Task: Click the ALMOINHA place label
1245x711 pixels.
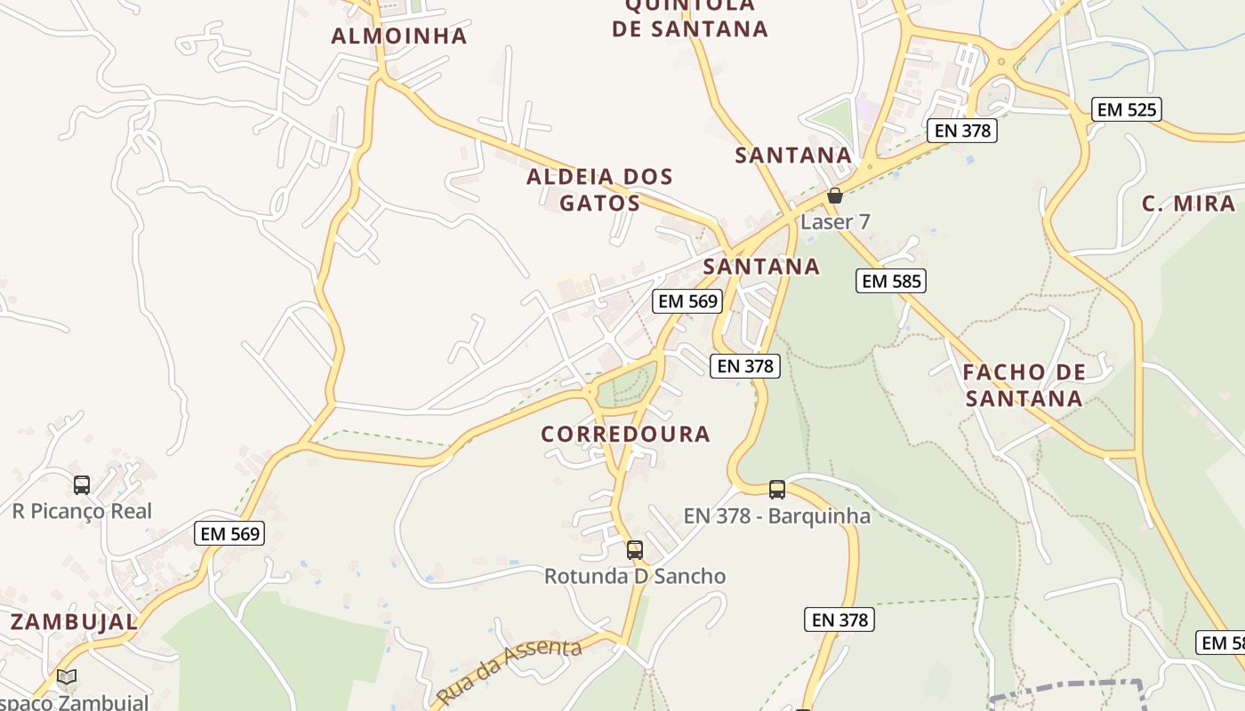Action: click(x=398, y=36)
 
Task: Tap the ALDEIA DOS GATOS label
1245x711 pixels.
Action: click(x=599, y=189)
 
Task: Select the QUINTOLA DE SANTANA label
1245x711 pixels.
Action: click(x=689, y=18)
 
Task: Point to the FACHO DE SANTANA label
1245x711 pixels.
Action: click(x=1024, y=385)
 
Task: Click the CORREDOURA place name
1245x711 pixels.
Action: click(x=626, y=434)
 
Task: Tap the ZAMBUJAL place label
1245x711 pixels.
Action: click(x=74, y=621)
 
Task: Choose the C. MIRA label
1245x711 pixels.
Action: click(x=1188, y=204)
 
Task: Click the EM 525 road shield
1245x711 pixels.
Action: click(x=1127, y=109)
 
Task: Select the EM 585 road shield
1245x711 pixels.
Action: click(x=891, y=281)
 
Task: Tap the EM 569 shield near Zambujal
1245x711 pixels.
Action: click(x=229, y=533)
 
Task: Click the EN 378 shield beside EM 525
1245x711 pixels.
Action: click(x=961, y=131)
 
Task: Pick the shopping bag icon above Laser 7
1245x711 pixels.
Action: click(x=834, y=196)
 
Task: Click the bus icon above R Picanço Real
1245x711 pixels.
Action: click(x=82, y=485)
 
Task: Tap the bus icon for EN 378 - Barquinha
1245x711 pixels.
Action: click(x=777, y=489)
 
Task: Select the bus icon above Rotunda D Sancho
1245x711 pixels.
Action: click(x=634, y=550)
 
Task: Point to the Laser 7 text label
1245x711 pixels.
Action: click(x=835, y=221)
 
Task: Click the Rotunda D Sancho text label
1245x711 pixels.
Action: click(x=635, y=576)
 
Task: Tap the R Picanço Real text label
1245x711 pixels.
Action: click(x=82, y=511)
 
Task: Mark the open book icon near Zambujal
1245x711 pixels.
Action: click(x=67, y=677)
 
